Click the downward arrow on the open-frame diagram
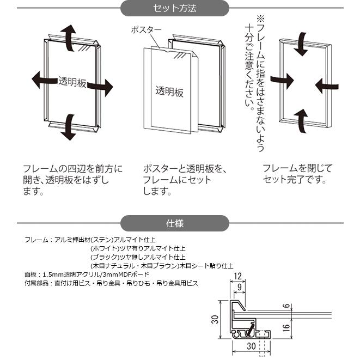click(x=68, y=126)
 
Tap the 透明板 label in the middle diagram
click(x=169, y=91)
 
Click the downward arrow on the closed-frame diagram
click(x=300, y=45)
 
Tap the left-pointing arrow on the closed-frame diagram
click(x=327, y=83)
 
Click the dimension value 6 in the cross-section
click(x=286, y=307)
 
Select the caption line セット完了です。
click(x=294, y=180)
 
